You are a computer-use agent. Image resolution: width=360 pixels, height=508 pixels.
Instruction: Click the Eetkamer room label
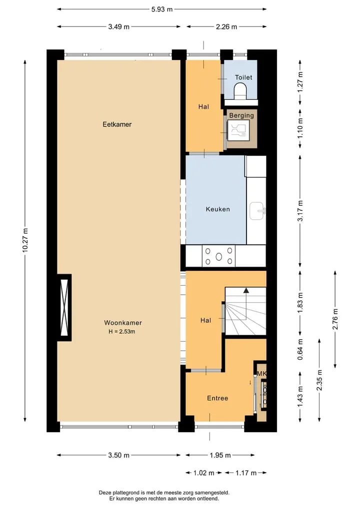(117, 124)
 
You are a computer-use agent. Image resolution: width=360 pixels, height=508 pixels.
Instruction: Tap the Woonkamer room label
(123, 323)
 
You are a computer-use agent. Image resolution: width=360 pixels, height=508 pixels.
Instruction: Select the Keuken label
(218, 209)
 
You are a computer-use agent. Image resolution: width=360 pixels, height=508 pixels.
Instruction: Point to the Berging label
(241, 115)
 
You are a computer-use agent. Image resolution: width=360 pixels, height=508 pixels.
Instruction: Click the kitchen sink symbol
(257, 211)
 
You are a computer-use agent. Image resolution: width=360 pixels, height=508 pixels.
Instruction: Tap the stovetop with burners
(218, 256)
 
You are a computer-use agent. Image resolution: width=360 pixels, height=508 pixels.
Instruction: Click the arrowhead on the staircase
(246, 290)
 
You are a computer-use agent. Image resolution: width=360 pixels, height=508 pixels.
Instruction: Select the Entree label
(217, 398)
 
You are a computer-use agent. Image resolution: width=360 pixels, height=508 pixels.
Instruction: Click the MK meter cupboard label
(261, 374)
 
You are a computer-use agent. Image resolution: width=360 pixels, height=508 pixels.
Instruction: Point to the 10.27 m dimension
(25, 240)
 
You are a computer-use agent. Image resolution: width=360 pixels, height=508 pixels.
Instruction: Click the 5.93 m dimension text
(162, 9)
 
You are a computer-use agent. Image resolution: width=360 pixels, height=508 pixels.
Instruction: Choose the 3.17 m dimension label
(300, 211)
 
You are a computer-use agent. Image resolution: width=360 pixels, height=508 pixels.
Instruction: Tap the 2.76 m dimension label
(335, 319)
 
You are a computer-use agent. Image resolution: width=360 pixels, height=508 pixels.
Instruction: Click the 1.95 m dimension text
(220, 455)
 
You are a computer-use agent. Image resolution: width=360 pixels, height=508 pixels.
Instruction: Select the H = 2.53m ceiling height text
(122, 332)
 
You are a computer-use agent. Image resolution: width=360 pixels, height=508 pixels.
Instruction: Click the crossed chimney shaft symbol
(64, 308)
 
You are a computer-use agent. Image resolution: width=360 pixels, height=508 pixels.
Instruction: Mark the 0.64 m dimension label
(300, 349)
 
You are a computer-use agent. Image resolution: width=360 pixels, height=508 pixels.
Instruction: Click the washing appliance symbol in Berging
(238, 130)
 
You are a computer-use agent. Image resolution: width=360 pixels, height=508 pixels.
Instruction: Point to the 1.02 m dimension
(203, 473)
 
